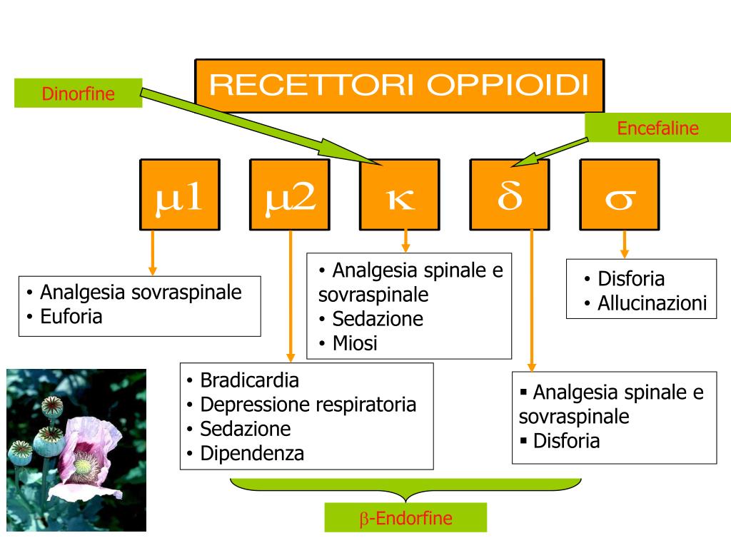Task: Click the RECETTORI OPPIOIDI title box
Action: [399, 86]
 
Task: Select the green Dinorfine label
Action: [79, 93]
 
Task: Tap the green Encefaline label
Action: [657, 128]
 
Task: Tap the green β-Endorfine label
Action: [405, 518]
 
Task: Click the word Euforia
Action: [71, 316]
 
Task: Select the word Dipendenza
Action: [252, 453]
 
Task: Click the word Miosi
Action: [355, 343]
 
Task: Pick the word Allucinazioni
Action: [652, 303]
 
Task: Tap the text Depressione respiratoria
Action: [308, 405]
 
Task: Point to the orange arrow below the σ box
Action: [625, 244]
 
